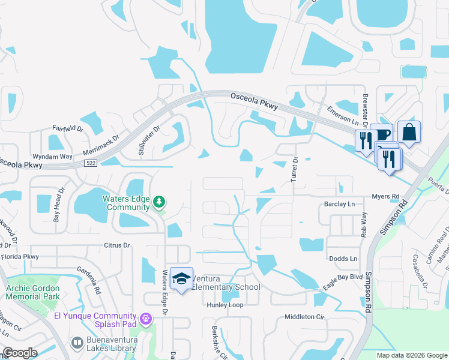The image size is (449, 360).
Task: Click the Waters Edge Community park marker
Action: click(159, 202)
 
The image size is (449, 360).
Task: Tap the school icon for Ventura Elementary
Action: click(181, 278)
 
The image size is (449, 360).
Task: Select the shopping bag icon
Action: click(409, 133)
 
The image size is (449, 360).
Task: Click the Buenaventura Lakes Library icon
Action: click(77, 343)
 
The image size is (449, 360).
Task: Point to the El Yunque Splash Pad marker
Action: click(145, 319)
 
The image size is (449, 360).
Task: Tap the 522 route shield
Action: click(91, 164)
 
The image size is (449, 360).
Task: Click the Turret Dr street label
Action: click(295, 169)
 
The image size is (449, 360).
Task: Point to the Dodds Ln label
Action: click(343, 259)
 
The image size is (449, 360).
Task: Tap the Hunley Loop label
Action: click(225, 305)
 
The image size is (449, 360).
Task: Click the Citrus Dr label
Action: click(116, 245)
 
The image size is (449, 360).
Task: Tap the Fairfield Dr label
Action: click(67, 128)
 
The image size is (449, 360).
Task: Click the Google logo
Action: click(20, 353)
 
